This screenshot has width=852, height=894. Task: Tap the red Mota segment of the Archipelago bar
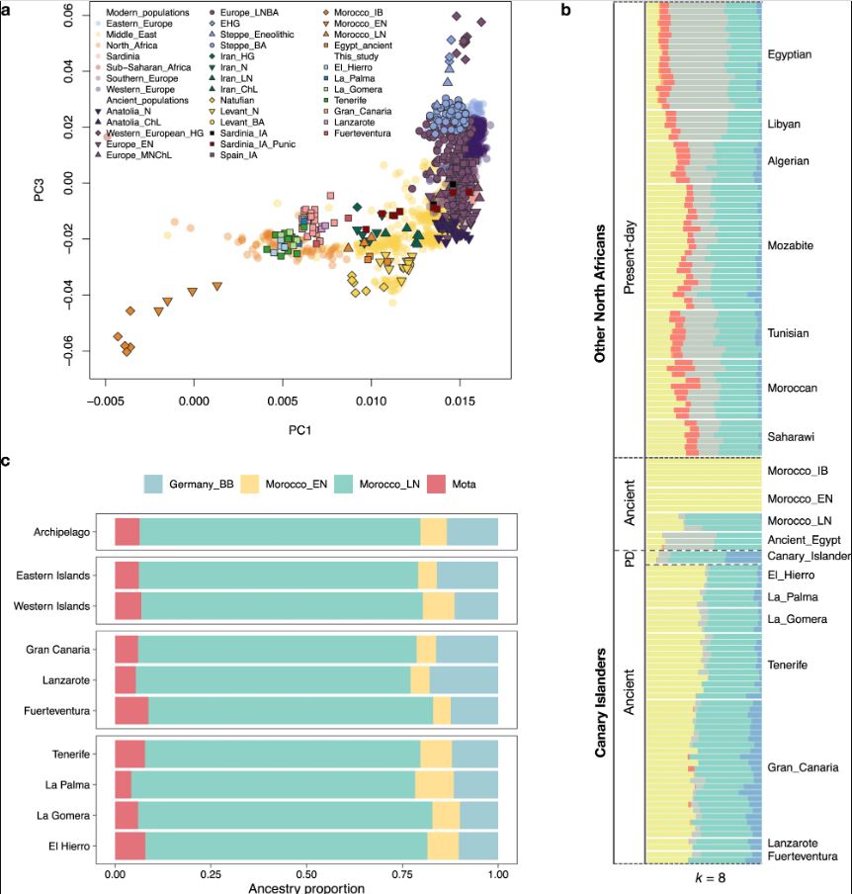click(x=127, y=531)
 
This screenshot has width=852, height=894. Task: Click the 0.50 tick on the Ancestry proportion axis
click(x=306, y=876)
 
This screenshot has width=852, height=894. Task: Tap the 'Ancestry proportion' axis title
click(x=305, y=888)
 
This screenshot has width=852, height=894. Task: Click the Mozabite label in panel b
click(x=790, y=245)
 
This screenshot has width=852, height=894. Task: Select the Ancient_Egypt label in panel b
click(x=803, y=540)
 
